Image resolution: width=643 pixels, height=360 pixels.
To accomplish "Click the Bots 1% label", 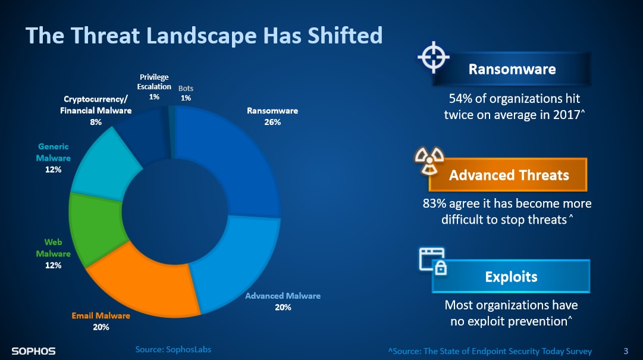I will (186, 93).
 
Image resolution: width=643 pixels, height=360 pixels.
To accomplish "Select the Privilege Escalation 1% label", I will (154, 87).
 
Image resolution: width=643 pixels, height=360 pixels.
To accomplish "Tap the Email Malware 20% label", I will (101, 321).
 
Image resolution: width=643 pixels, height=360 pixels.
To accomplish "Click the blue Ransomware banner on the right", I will (512, 69).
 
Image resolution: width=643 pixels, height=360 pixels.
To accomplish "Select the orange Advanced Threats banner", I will (509, 175).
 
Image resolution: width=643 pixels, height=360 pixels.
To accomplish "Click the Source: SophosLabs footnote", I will (173, 349).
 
